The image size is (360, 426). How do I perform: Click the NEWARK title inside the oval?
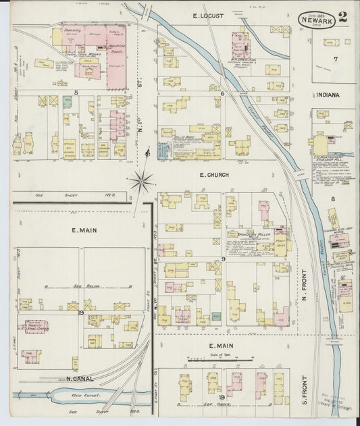tap(317, 21)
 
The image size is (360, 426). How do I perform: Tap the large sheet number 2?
tap(343, 18)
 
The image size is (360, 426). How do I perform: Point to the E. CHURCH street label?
tap(213, 175)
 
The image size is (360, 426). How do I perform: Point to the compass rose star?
tap(142, 181)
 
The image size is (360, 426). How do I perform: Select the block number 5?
tap(76, 92)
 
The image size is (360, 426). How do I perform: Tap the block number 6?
tap(222, 93)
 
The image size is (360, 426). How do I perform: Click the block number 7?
tap(334, 59)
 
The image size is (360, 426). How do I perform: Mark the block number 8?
tap(333, 198)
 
